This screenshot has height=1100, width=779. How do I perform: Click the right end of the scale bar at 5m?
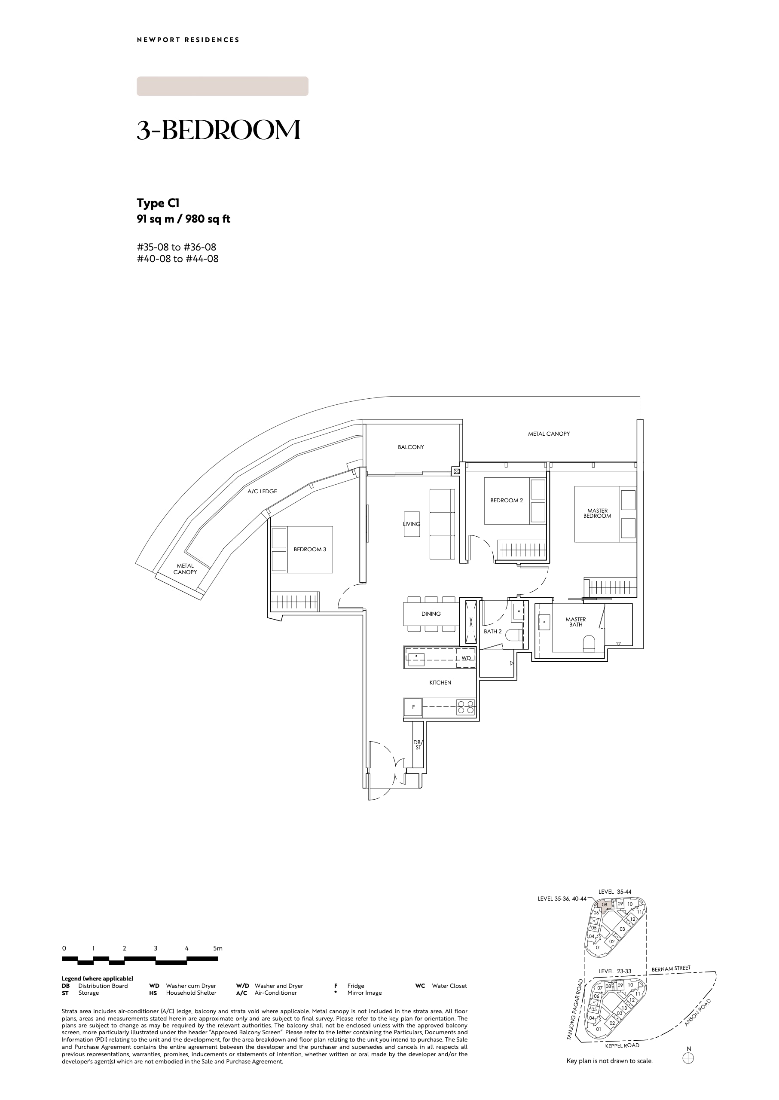pos(218,959)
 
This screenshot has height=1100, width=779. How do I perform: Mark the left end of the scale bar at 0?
pos(62,959)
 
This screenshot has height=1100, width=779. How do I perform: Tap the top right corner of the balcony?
pos(462,421)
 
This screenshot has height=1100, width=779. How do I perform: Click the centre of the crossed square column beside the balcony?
pos(457,471)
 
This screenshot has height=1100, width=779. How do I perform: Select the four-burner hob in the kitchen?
pos(466,708)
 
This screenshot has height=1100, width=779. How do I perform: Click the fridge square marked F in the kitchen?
pos(413,707)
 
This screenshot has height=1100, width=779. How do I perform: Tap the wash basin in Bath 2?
pos(518,611)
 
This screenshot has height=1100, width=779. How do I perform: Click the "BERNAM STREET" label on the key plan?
pos(671,969)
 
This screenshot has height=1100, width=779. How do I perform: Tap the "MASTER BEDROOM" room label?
pos(597,513)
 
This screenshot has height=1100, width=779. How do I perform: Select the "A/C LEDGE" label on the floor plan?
pos(263,491)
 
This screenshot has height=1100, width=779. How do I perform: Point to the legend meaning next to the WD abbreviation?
pos(191,986)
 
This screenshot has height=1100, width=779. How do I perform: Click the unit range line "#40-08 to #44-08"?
pos(177,259)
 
